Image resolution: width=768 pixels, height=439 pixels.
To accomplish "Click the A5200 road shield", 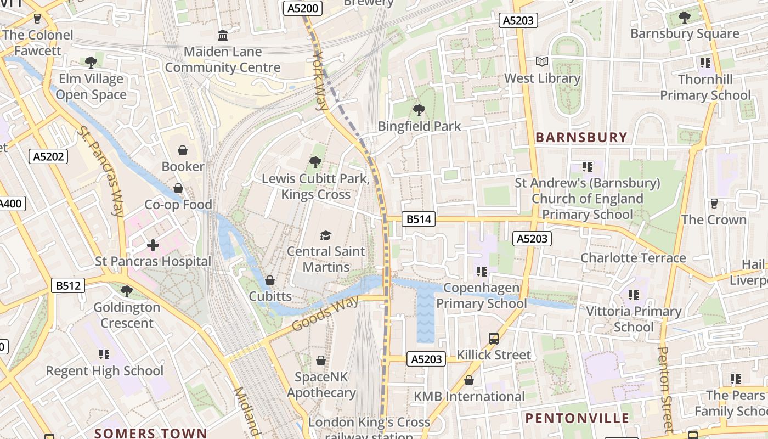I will point(303,8).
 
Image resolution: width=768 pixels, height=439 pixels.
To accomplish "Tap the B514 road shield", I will point(418,219).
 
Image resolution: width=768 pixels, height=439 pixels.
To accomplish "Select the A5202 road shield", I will point(49,156).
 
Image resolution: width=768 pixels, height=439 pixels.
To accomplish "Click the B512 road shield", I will point(69,285).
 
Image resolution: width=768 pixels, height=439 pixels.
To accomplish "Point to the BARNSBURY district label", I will point(581,137).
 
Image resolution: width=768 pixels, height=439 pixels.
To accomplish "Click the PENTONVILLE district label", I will point(577,418).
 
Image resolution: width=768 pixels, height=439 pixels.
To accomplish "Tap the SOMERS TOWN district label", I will point(150,433).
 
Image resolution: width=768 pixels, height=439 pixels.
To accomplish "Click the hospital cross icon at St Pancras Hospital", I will point(153,245).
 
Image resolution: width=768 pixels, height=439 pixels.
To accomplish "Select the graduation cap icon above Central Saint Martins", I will point(326,235).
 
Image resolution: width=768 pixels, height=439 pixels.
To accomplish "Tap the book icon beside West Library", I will point(542,62).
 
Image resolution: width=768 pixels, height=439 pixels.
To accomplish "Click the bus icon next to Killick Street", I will point(494,338).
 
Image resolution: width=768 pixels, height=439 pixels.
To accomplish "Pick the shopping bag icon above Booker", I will point(183,150).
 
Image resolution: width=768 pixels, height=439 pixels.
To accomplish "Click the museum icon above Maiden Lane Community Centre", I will point(223,36).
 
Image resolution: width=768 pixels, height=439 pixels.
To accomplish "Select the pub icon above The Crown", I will point(714,204).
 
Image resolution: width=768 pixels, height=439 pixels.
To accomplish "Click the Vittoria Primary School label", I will point(634,319).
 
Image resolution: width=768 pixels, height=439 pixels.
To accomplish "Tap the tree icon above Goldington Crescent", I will point(127,291).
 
